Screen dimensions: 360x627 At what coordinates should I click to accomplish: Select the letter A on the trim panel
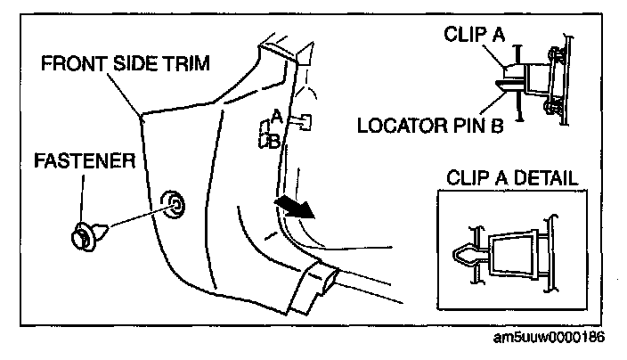coord(277,116)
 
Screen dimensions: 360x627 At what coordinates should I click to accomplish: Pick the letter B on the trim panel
coord(276,140)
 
